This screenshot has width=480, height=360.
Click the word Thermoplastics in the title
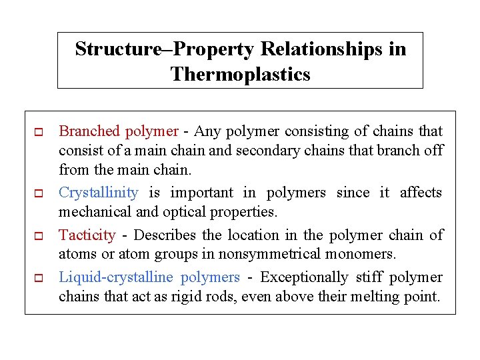point(240,74)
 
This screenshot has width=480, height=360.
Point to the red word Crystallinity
point(99,193)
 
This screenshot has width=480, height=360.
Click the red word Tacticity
point(87,235)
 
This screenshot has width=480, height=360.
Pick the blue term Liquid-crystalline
point(116,277)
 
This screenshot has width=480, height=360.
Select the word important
point(202,193)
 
